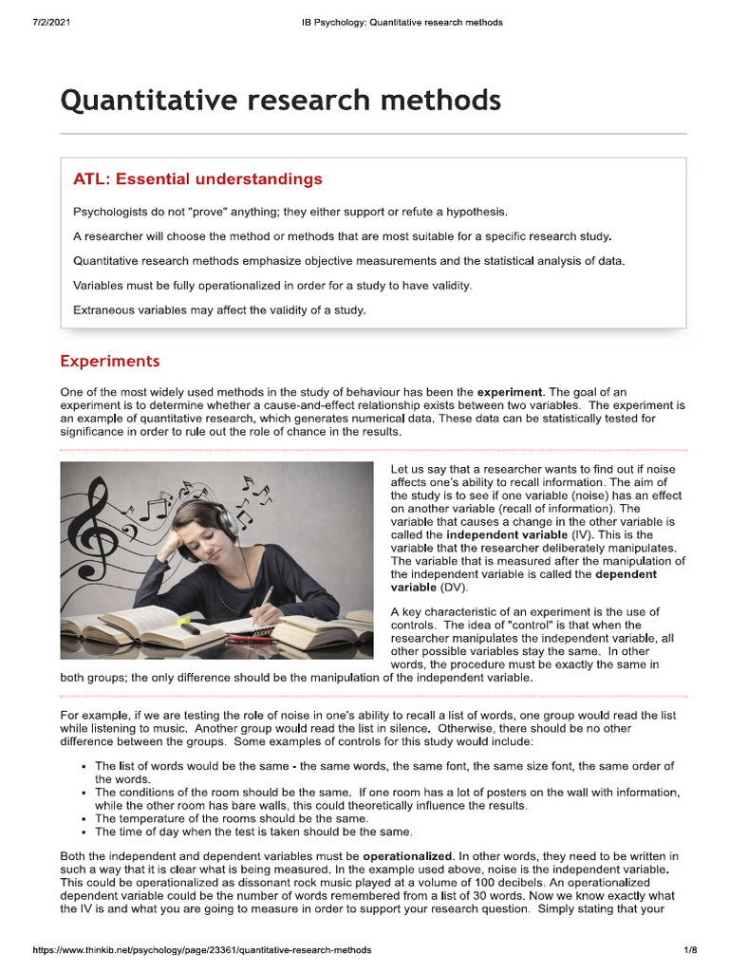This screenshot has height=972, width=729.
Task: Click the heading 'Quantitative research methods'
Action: coord(280,99)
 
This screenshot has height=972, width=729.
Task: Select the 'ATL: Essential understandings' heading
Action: coord(197,179)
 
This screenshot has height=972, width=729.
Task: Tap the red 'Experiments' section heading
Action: coord(110,362)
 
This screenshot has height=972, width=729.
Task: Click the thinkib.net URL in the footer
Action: coord(201,949)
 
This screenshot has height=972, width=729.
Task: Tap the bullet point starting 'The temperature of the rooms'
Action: coord(232,818)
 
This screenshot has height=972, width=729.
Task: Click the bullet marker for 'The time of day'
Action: coord(85,832)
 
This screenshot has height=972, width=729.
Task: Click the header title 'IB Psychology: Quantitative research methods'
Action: coord(395,22)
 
